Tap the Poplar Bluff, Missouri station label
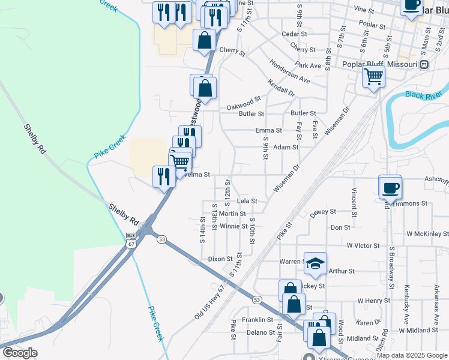[x=379, y=65]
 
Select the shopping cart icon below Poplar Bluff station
[x=373, y=77]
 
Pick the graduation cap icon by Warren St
[x=315, y=262]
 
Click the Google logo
[x=19, y=353]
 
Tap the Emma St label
[x=268, y=130]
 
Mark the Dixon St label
[x=220, y=259]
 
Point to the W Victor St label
[x=363, y=245]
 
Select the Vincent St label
[x=355, y=202]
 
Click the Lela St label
[x=247, y=201]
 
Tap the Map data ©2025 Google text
[x=412, y=355]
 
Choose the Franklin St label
[x=258, y=320]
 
